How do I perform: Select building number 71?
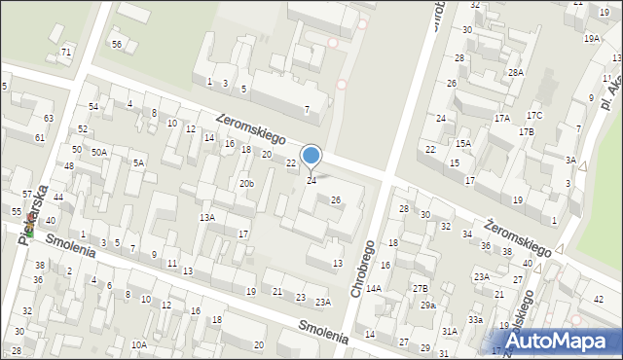point(66,52)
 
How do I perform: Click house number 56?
point(117,44)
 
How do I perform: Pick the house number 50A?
point(99,153)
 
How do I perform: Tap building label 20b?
point(247,184)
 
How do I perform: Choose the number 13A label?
point(207,217)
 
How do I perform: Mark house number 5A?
point(138,162)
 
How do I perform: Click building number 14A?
point(374,288)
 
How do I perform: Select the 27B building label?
point(420,288)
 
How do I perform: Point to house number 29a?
point(428,306)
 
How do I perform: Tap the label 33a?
point(475,319)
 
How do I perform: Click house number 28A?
point(515,72)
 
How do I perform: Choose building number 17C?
point(534,116)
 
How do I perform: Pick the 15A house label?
point(463,143)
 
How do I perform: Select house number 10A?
point(139,344)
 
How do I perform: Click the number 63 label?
point(49,118)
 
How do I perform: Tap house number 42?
point(598,299)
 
